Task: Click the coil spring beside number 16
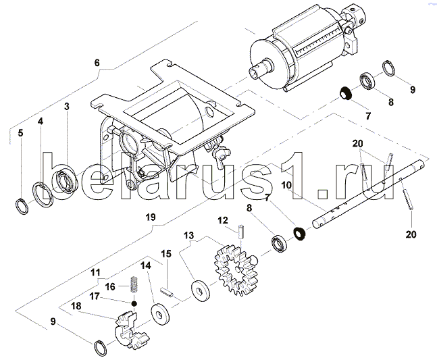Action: tap(134, 284)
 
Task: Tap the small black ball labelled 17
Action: tap(134, 303)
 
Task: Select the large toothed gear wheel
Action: tap(236, 270)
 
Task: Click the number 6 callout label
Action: tap(97, 63)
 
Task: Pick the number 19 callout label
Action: tap(151, 217)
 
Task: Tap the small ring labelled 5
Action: tap(22, 207)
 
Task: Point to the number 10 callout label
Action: tap(286, 185)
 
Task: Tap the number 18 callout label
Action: tap(76, 306)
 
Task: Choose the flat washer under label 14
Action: tap(161, 314)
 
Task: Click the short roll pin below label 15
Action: tap(167, 292)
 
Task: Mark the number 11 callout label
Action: tap(95, 272)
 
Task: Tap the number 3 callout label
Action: tap(67, 107)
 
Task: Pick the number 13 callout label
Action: tap(188, 236)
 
